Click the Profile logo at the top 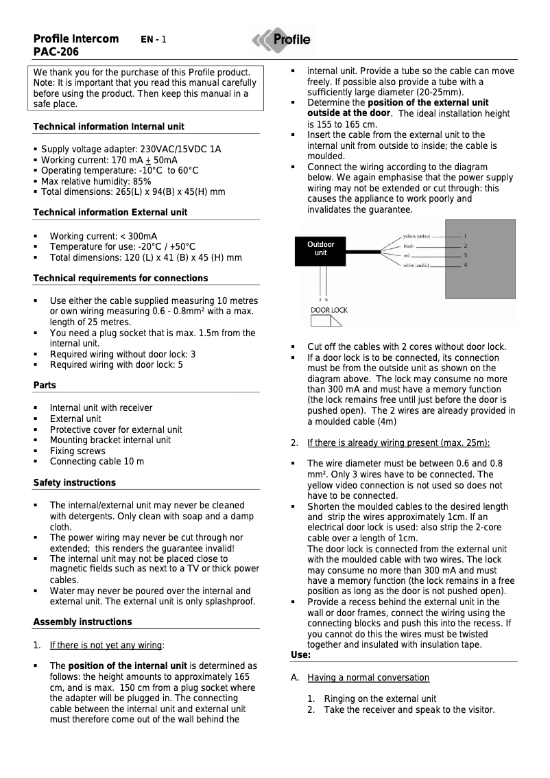tap(281, 40)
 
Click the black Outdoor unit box tap(320, 248)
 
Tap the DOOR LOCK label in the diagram tap(329, 310)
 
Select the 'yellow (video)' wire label tap(417, 236)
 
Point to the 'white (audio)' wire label tap(417, 266)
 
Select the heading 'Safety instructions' tap(74, 483)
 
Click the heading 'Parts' tap(45, 386)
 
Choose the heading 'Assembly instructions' tap(82, 622)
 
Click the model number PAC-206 tap(56, 52)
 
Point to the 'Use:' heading tap(301, 655)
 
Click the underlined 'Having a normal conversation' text tap(368, 678)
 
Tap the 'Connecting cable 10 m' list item tap(97, 462)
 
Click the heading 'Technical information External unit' tap(110, 213)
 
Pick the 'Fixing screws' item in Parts tap(77, 451)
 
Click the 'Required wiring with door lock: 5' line tap(116, 365)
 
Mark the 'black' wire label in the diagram tap(409, 246)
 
